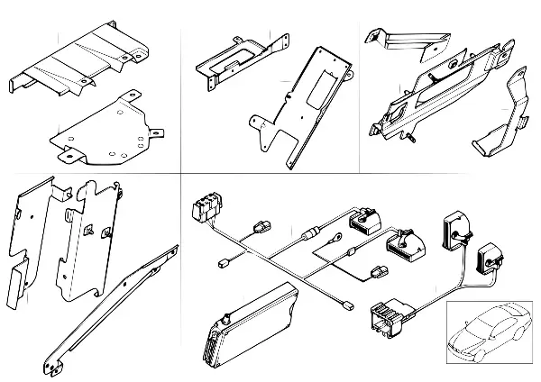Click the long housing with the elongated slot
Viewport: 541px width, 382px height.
click(433, 95)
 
